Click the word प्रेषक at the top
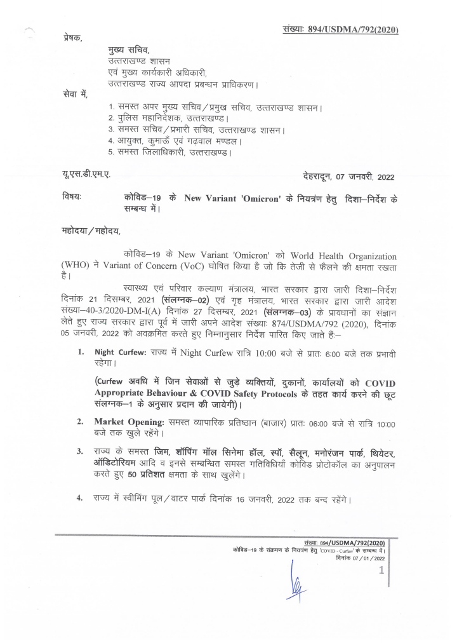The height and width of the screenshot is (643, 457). click(x=73, y=37)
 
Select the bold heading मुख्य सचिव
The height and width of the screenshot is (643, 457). click(x=130, y=51)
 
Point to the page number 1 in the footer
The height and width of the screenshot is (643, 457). click(x=381, y=571)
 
